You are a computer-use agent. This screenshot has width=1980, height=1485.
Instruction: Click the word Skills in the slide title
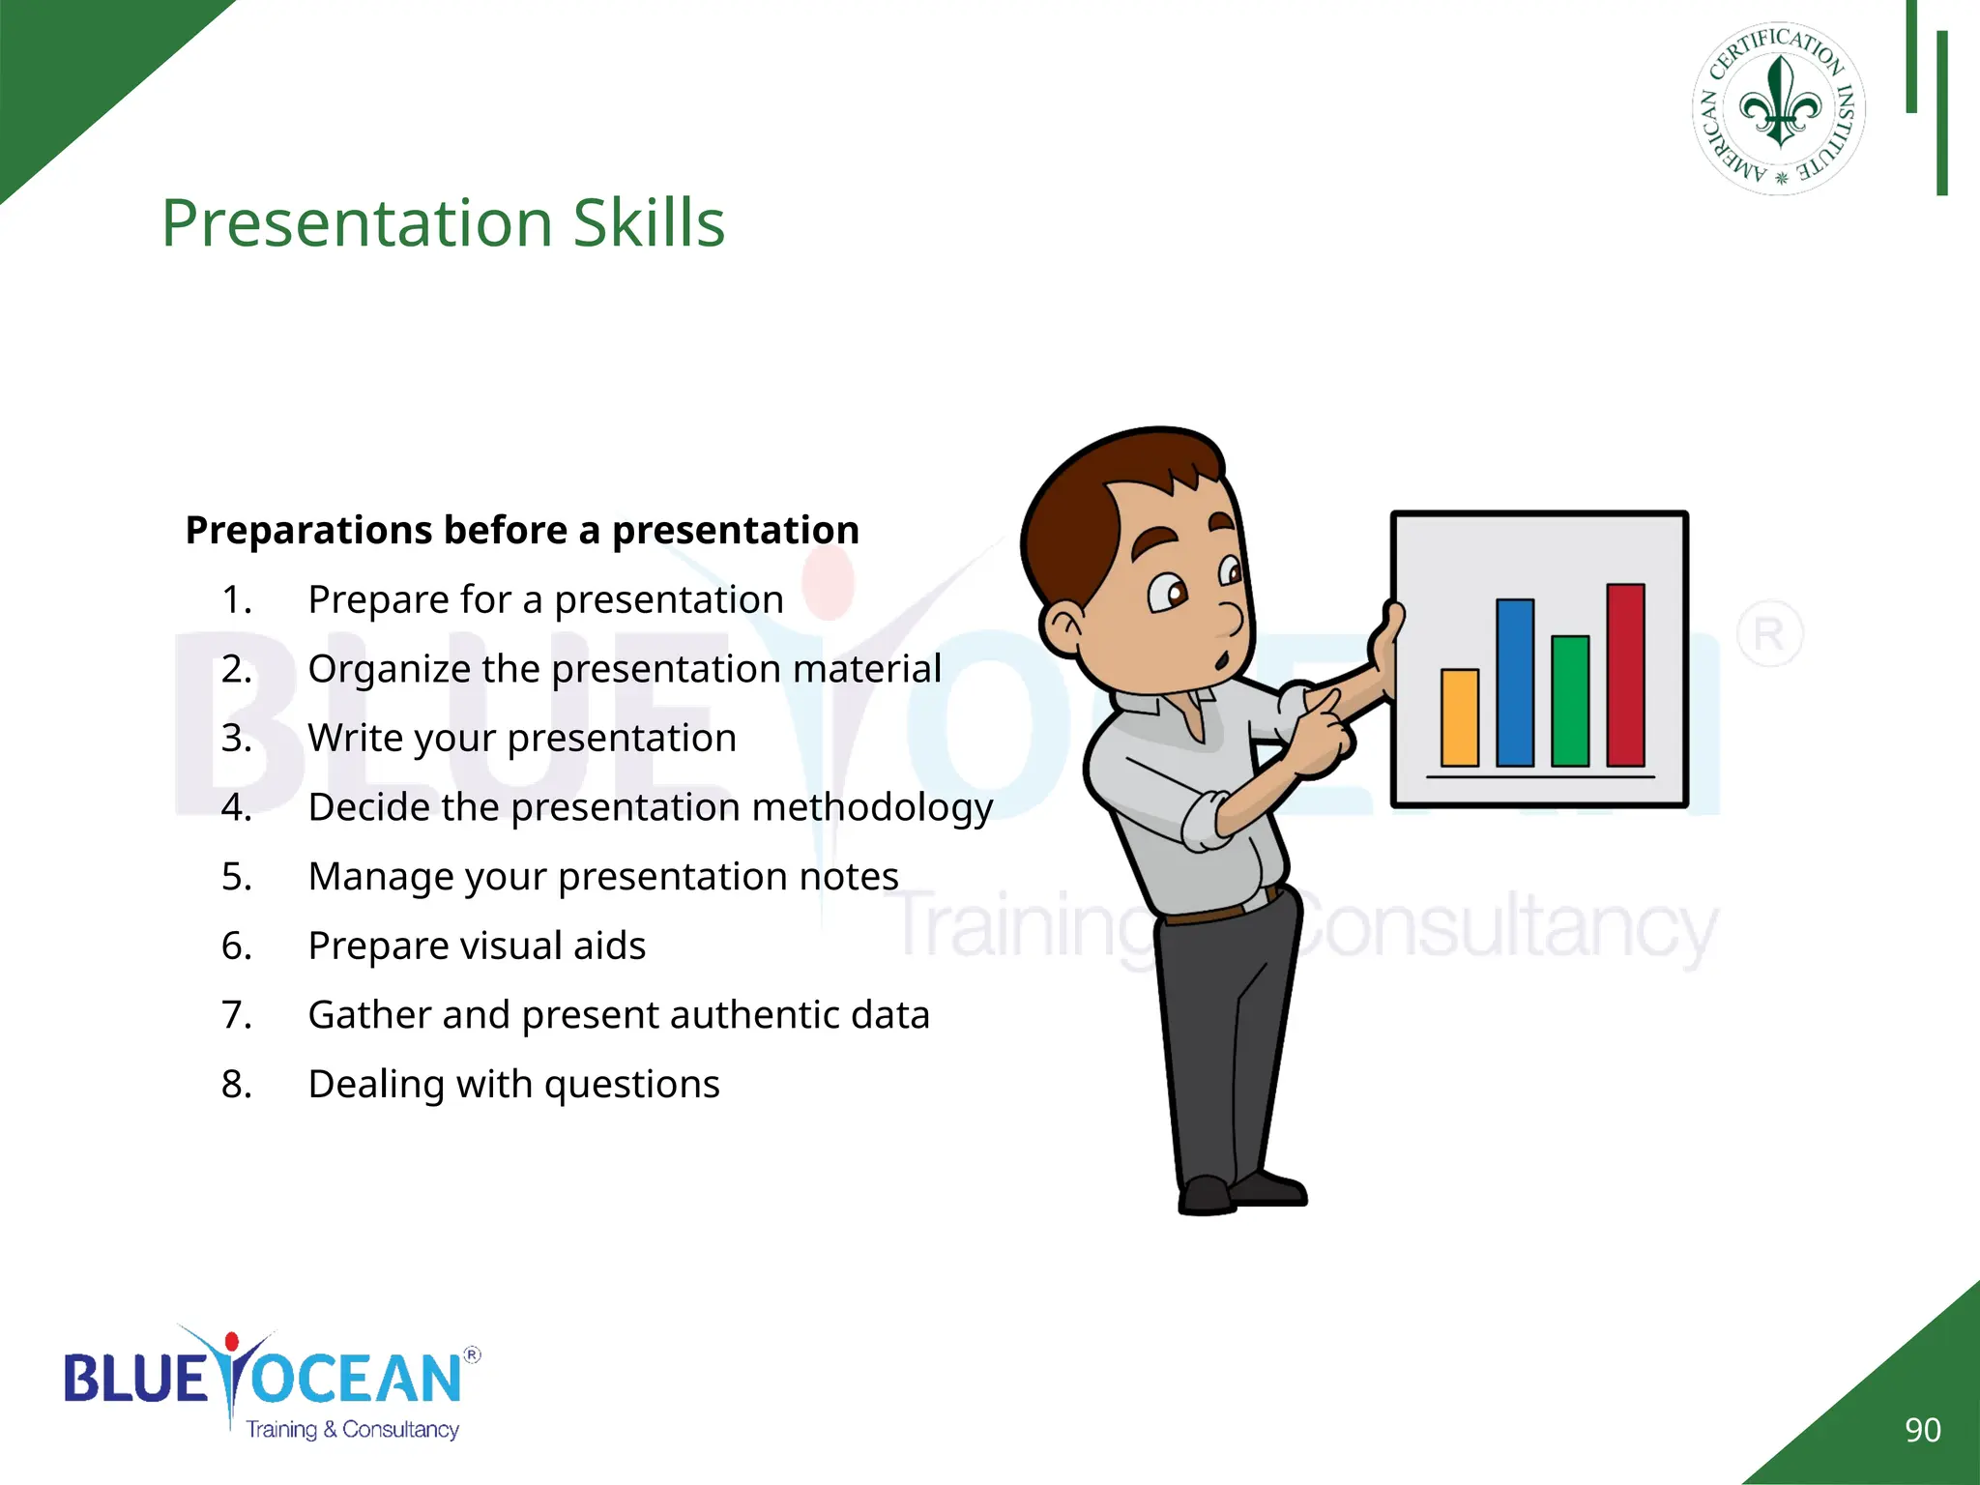[648, 223]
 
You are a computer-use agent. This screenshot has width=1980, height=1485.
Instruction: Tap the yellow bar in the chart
[1459, 717]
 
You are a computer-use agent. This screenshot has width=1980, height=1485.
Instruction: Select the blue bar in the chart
[1514, 683]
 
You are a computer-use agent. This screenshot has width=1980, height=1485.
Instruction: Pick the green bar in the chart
[1570, 701]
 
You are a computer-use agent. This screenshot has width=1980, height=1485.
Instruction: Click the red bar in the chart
[1625, 675]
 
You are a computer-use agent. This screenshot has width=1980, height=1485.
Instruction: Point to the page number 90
[1922, 1430]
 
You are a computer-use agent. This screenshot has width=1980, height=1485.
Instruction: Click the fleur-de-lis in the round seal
[1779, 104]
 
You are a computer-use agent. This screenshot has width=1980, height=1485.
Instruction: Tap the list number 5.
[236, 877]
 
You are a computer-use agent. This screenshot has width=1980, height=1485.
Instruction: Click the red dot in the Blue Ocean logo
[231, 1342]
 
